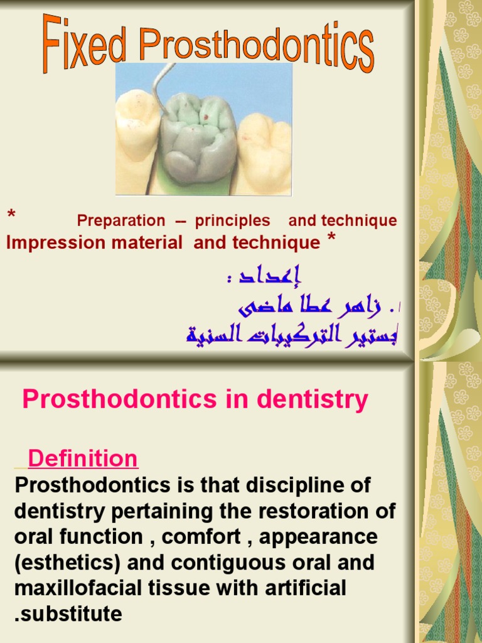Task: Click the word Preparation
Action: pos(121,221)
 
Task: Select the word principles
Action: pos(232,221)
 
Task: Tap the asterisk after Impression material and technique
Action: pos(331,239)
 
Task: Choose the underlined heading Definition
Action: pos(83,459)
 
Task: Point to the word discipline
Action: pos(287,485)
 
